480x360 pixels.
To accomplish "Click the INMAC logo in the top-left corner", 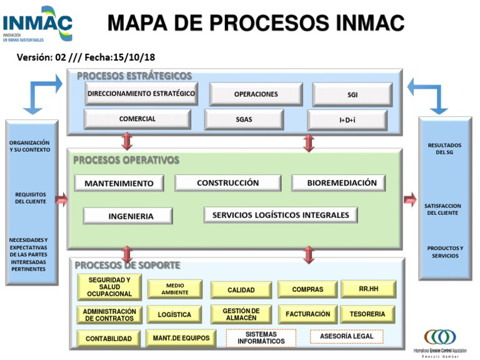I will tap(37, 24).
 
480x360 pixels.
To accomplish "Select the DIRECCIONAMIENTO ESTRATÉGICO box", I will tap(141, 94).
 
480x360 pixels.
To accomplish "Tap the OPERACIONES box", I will tap(256, 94).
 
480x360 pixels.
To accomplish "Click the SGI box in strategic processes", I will tap(352, 94).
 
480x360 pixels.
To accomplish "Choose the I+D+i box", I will tap(347, 119).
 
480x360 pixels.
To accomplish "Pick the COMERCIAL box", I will tap(137, 119).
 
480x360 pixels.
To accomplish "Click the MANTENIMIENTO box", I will tap(119, 183).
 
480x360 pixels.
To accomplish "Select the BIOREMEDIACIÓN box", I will tap(338, 183).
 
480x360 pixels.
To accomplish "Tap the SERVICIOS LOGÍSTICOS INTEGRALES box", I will tap(281, 215).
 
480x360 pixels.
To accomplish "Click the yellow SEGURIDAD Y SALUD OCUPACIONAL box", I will tap(109, 287).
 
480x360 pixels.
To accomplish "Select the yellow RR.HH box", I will tap(368, 289).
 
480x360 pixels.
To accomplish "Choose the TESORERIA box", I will tap(367, 314).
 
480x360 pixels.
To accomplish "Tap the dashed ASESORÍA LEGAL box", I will tap(346, 336).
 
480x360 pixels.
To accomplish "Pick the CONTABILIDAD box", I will tap(109, 339).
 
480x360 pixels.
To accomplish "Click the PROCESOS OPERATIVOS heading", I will tap(126, 160).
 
